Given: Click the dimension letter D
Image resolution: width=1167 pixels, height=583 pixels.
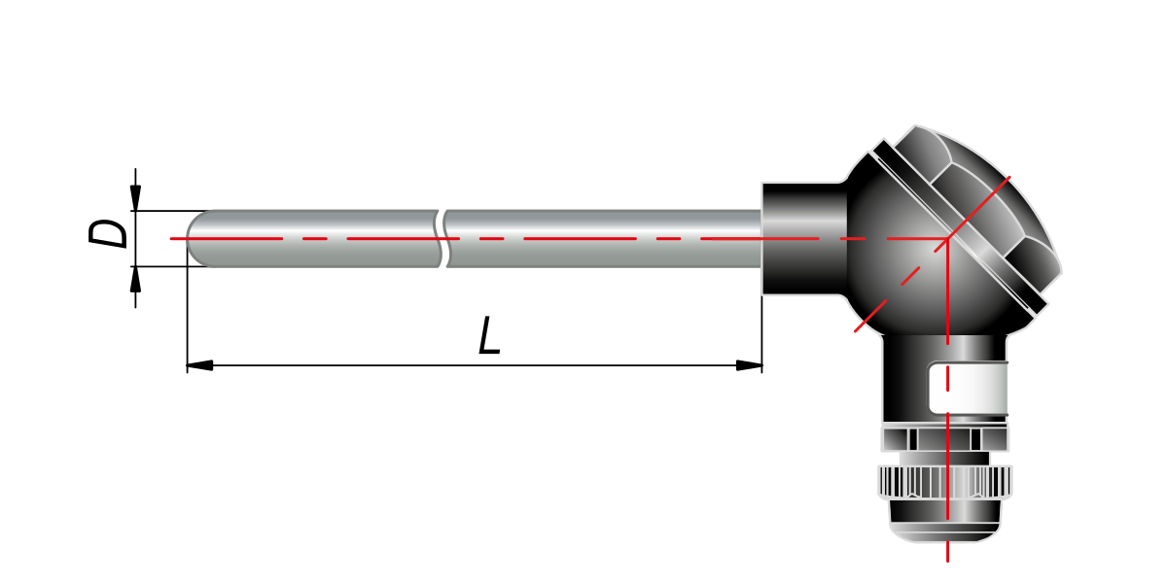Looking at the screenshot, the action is point(108,233).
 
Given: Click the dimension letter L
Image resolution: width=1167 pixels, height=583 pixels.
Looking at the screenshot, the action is point(489,336).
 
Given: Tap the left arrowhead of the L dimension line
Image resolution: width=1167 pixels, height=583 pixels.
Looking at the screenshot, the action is point(200,365).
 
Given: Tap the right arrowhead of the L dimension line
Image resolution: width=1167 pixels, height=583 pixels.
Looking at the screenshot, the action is point(749,365).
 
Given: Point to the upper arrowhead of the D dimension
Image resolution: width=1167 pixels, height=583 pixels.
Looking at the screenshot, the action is point(135,198).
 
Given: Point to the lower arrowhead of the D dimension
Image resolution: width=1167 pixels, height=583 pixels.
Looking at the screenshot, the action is point(135,279).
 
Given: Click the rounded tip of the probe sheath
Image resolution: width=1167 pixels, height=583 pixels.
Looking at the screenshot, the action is point(198,238).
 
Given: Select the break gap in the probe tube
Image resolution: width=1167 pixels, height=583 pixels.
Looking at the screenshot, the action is point(442,238).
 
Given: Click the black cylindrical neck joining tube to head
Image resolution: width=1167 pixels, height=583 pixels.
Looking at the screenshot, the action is point(805,238).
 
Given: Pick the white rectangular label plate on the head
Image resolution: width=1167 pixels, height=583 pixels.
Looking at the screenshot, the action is point(968,389).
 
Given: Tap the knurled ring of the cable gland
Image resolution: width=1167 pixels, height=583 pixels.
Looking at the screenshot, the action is point(945,483).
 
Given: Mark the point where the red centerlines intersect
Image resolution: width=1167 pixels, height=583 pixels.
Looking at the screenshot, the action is point(947,238).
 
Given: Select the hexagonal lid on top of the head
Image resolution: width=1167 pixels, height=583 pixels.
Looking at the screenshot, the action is point(978,207).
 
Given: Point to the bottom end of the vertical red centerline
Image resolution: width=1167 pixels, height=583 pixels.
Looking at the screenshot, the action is point(947,562).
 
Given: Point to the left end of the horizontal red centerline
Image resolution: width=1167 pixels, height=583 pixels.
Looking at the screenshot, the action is point(170,238).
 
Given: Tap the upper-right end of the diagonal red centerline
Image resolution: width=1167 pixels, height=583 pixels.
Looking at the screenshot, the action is point(1010,177).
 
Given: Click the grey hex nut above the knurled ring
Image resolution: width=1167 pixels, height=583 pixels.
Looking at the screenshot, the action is point(945,439).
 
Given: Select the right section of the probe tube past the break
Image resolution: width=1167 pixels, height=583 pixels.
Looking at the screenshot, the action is point(603,238).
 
